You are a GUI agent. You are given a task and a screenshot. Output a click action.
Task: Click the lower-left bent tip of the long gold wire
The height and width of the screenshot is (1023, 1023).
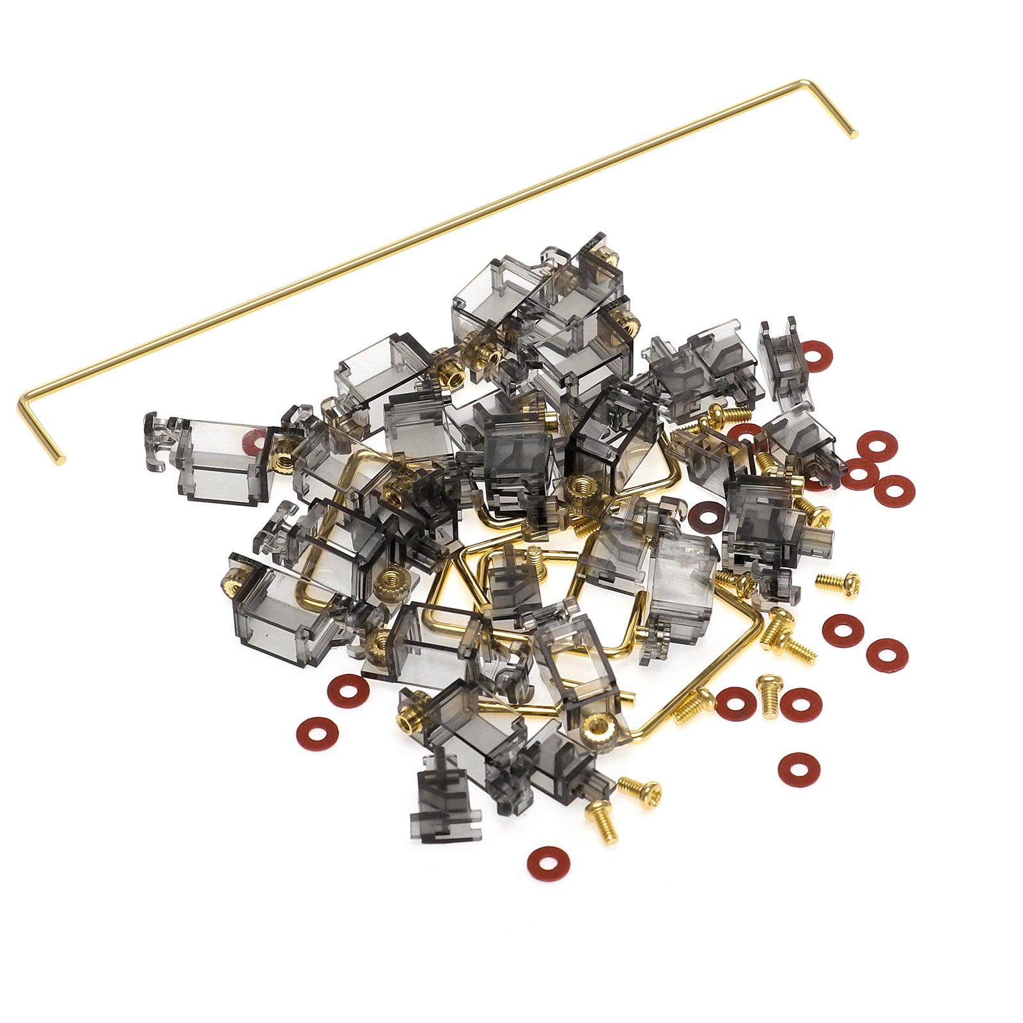62,460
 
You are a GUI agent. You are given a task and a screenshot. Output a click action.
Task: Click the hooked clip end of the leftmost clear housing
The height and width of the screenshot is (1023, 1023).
156,435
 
